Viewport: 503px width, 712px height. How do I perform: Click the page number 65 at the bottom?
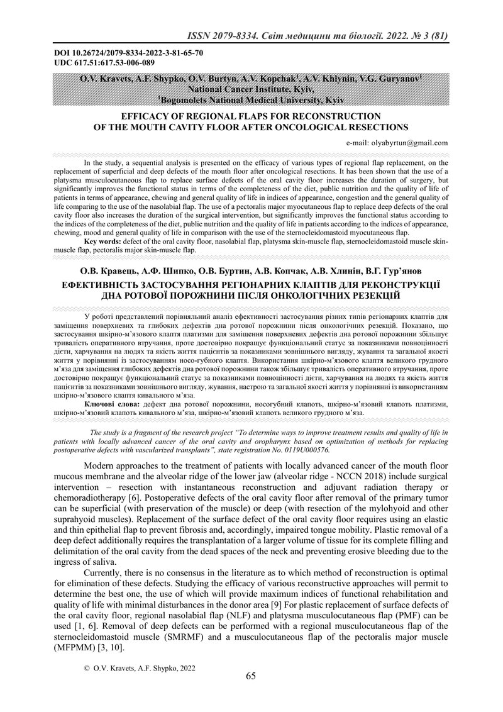click(x=251, y=676)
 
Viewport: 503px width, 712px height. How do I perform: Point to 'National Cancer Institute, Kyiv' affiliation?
click(x=251, y=89)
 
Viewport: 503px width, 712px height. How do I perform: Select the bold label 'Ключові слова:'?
click(x=111, y=401)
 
